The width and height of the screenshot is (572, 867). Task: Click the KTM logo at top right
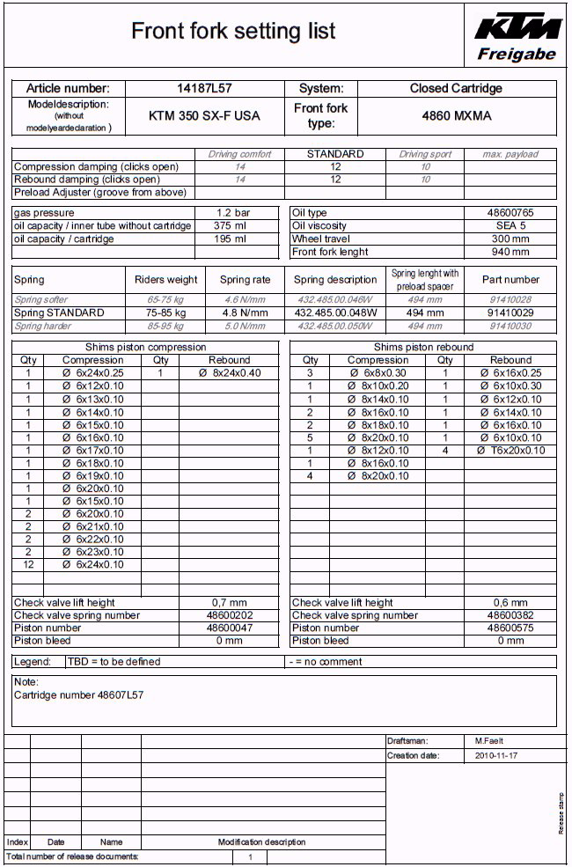coord(517,28)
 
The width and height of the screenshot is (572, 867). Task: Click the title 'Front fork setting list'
coord(233,32)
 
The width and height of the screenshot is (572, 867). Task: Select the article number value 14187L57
coord(204,89)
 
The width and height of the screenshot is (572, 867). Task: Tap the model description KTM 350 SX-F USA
coord(204,115)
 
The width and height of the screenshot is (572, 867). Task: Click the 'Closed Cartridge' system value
coord(455,89)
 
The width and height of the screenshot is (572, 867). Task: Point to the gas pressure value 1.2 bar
coord(233,213)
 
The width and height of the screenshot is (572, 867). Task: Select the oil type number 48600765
coord(510,213)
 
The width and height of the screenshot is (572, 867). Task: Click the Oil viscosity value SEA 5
coord(510,226)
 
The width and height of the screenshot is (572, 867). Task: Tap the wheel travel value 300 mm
coord(510,239)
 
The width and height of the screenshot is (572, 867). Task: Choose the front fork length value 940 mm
coord(510,253)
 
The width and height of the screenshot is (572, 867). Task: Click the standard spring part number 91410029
coord(510,312)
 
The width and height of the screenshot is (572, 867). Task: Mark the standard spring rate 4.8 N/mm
coord(246,312)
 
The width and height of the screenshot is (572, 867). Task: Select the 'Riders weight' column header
coord(165,280)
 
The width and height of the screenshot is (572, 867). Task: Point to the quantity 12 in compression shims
coord(28,565)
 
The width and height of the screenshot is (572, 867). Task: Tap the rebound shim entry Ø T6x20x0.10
coord(510,451)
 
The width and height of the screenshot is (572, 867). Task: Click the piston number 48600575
coord(510,628)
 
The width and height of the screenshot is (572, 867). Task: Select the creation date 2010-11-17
coord(496,756)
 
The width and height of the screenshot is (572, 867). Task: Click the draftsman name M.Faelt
coord(490,741)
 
